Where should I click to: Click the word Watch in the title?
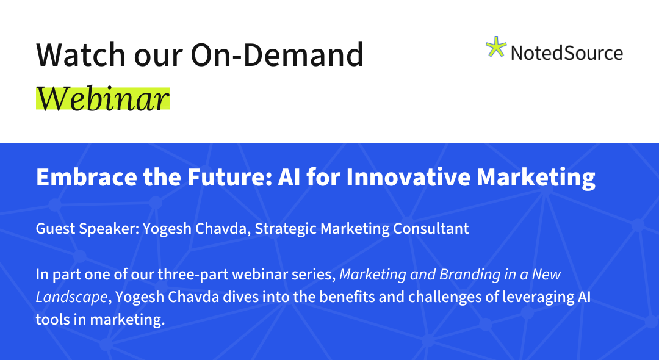tap(81, 54)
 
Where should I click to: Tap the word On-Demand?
tap(277, 54)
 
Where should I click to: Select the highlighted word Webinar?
tap(103, 99)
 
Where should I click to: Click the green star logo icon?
tap(496, 47)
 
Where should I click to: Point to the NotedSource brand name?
tap(566, 53)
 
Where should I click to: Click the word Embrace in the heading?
tap(87, 177)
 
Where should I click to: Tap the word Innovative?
tap(408, 177)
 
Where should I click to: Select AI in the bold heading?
tap(289, 177)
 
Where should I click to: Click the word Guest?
tap(56, 229)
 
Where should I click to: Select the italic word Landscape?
tap(72, 297)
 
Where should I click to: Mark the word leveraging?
tap(531, 297)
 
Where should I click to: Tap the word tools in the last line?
tap(52, 320)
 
